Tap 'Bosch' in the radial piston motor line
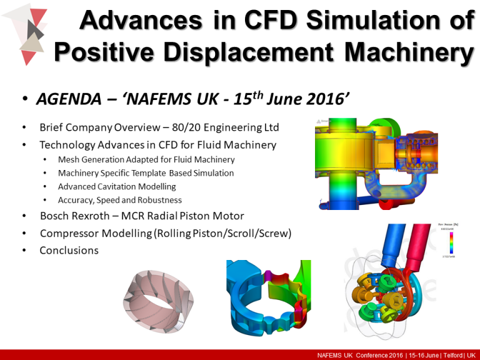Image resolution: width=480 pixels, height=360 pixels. coord(55,216)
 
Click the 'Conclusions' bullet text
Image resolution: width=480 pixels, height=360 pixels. coord(69,250)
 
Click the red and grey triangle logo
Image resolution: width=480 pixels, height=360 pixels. coord(27,35)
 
